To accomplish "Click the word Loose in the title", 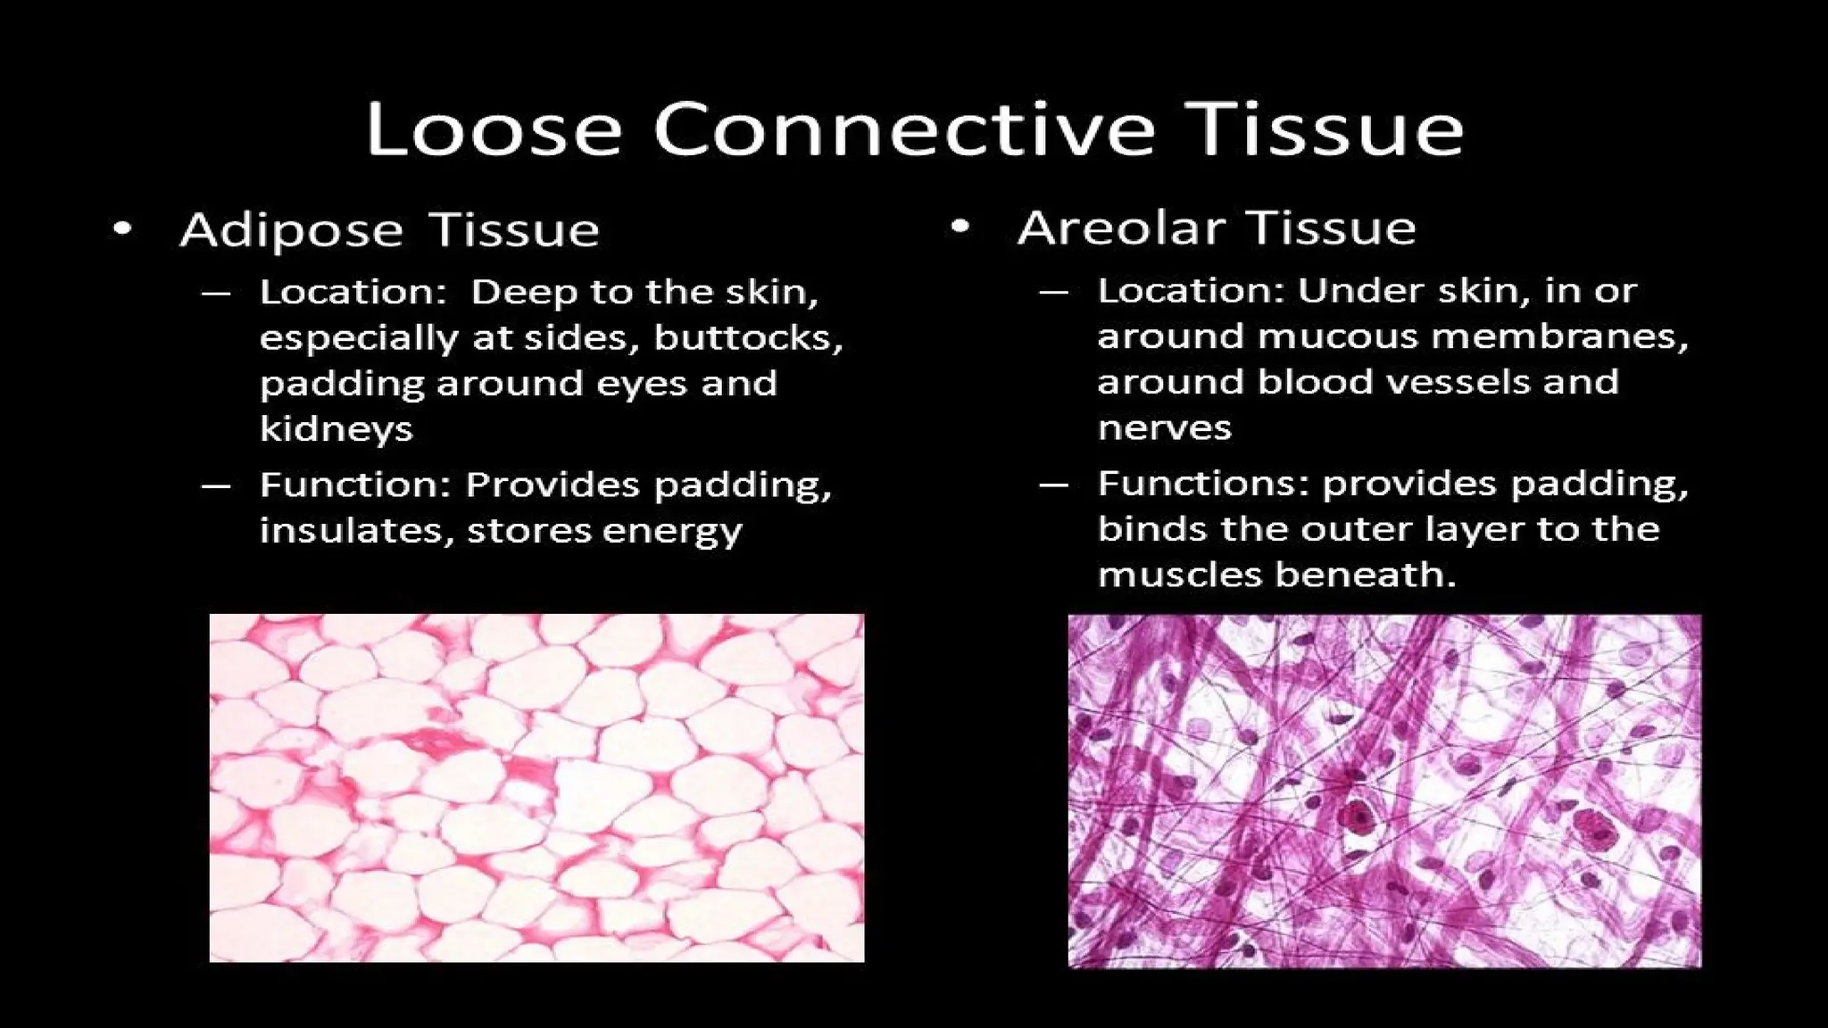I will click(x=493, y=129).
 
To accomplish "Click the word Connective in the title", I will click(x=904, y=129).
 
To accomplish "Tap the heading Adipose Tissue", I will click(x=389, y=230).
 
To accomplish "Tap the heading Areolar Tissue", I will click(x=1216, y=228).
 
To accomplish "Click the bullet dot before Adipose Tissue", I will click(x=123, y=229).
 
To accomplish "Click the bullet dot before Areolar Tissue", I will click(x=960, y=227).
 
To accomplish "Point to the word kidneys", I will click(x=337, y=429).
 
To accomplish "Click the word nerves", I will click(x=1164, y=428).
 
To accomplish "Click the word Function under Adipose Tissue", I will click(x=355, y=485).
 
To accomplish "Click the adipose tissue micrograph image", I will click(x=536, y=787).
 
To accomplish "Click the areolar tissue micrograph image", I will click(x=1384, y=791).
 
